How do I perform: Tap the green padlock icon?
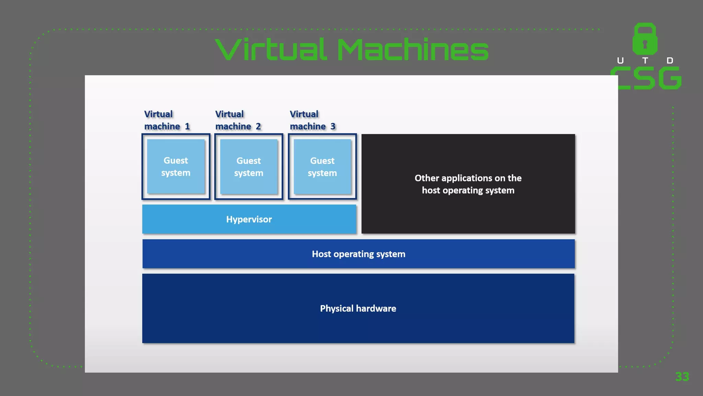point(645,39)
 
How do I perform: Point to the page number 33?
point(682,377)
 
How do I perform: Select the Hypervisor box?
point(249,219)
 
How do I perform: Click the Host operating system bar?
point(358,254)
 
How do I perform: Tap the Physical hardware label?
point(358,308)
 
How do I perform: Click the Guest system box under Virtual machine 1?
point(176,167)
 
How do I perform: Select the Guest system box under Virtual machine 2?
point(249,167)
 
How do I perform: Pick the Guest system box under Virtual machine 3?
point(322,167)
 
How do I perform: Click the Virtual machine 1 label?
point(166,120)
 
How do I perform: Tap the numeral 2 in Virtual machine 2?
point(258,126)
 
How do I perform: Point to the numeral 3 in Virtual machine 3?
point(333,126)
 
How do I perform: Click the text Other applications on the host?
point(468,184)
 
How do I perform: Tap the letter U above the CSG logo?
point(620,61)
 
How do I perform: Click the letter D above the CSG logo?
point(670,61)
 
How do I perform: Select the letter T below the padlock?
point(645,61)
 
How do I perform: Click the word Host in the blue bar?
point(321,254)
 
